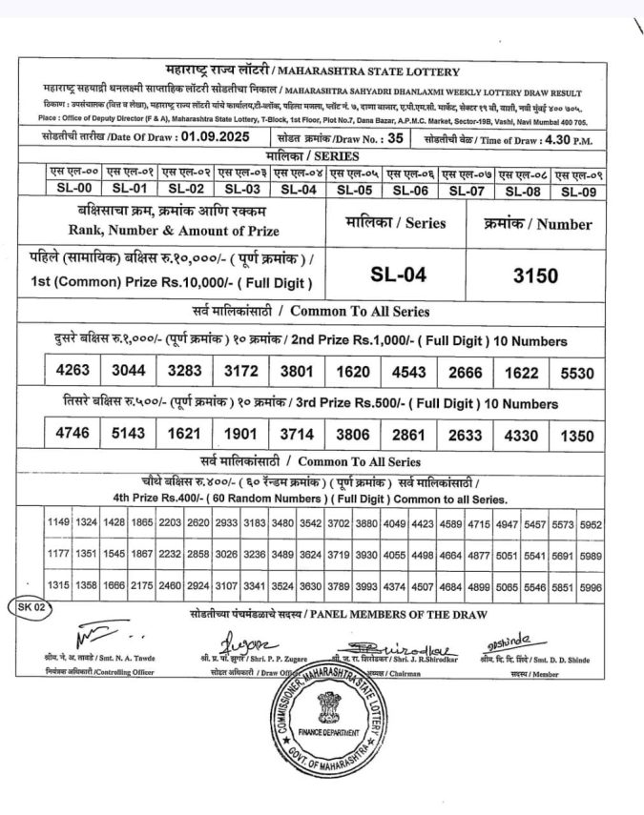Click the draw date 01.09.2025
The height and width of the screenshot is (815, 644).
click(x=215, y=138)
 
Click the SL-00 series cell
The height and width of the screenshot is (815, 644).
click(x=73, y=190)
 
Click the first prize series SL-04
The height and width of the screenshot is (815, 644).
click(x=397, y=276)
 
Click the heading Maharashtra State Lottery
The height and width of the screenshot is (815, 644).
click(x=380, y=71)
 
